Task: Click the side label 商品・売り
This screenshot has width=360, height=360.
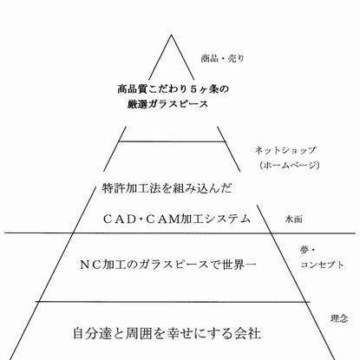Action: [x=222, y=59]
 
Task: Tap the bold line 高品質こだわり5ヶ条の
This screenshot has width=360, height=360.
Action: [x=173, y=89]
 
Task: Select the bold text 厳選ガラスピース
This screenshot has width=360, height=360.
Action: [x=167, y=104]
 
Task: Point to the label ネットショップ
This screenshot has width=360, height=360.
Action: [x=285, y=150]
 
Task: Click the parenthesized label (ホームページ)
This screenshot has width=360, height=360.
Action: [x=290, y=165]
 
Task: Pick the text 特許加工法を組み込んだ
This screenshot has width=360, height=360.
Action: [x=167, y=188]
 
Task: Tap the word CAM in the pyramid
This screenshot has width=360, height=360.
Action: [x=162, y=219]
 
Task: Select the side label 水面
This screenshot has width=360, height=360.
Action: [x=294, y=219]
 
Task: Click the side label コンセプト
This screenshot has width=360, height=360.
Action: [x=322, y=265]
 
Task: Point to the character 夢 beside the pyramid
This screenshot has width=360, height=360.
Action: [x=304, y=251]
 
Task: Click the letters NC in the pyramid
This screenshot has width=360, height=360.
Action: [x=90, y=265]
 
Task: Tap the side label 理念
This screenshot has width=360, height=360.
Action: [x=339, y=318]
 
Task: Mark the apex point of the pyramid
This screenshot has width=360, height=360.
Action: [x=172, y=35]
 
